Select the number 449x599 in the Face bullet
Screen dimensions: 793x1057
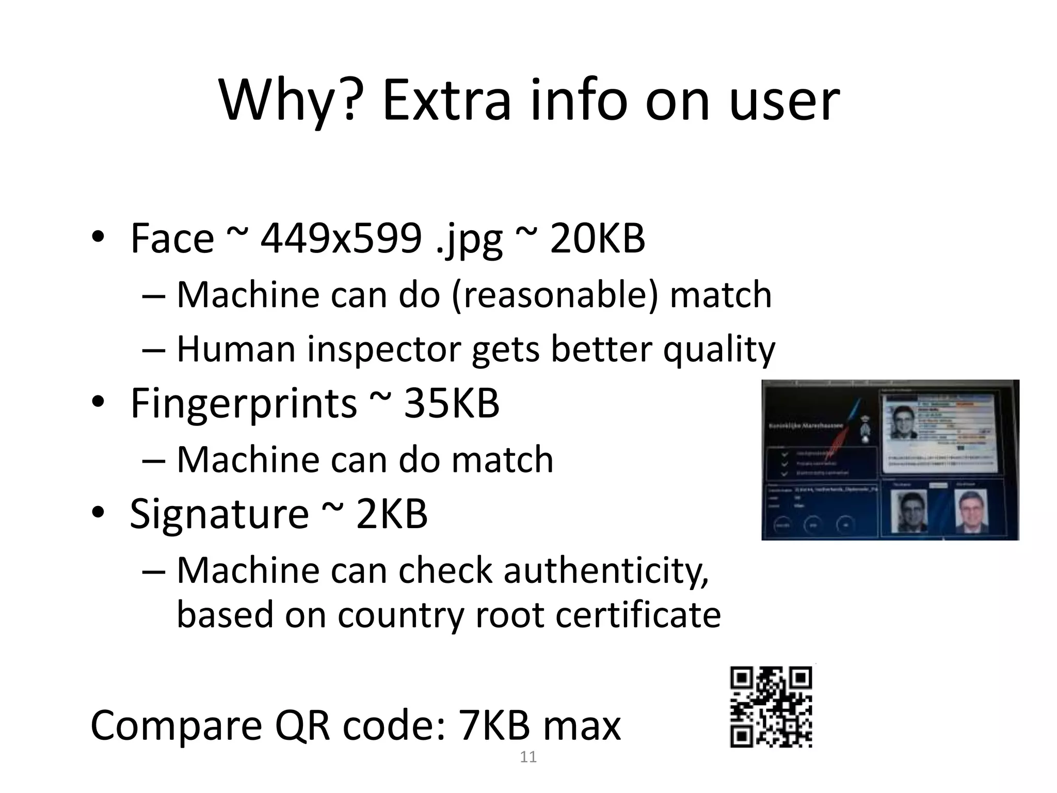[x=341, y=239]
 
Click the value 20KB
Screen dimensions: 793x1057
[x=597, y=239]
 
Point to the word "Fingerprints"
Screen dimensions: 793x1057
[x=243, y=403]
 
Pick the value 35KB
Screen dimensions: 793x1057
[x=451, y=403]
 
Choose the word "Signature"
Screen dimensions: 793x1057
[x=219, y=514]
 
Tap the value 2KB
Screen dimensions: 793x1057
[x=392, y=514]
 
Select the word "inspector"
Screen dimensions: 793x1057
[x=385, y=350]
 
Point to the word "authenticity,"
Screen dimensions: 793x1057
[x=606, y=571]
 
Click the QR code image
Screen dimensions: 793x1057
[x=771, y=706]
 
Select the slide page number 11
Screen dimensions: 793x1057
[x=528, y=757]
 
